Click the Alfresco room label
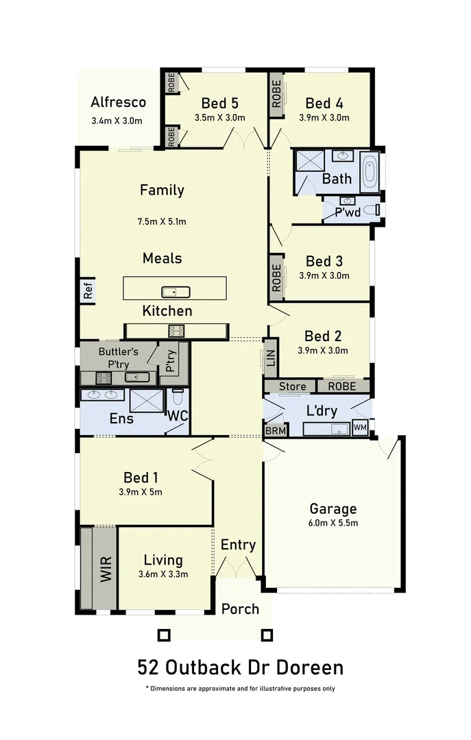(118, 103)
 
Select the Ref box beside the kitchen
(88, 290)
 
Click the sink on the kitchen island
(175, 292)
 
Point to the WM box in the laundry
(360, 428)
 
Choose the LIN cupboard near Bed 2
(271, 358)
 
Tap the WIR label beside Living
(106, 568)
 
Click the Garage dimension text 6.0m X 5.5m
(333, 523)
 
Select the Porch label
(241, 608)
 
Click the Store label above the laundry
(292, 386)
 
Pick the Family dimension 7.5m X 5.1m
(162, 221)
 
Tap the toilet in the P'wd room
(371, 210)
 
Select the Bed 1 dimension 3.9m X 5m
(142, 491)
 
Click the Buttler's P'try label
(118, 356)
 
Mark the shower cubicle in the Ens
(145, 399)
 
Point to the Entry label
(238, 545)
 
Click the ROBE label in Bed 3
(276, 277)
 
